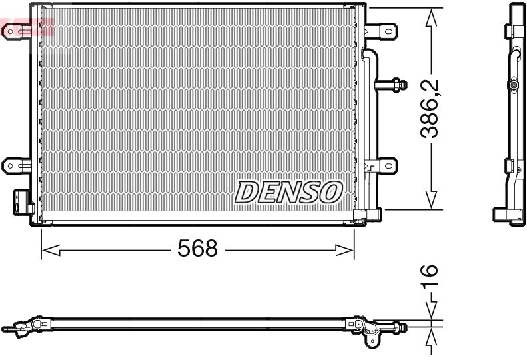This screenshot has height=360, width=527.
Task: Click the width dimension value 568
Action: click(197, 249)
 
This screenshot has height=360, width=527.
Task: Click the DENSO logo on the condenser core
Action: click(288, 191)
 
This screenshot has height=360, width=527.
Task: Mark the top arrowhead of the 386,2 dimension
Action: click(432, 18)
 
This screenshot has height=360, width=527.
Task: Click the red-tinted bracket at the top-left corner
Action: click(27, 28)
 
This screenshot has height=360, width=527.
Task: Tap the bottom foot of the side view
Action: click(508, 217)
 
